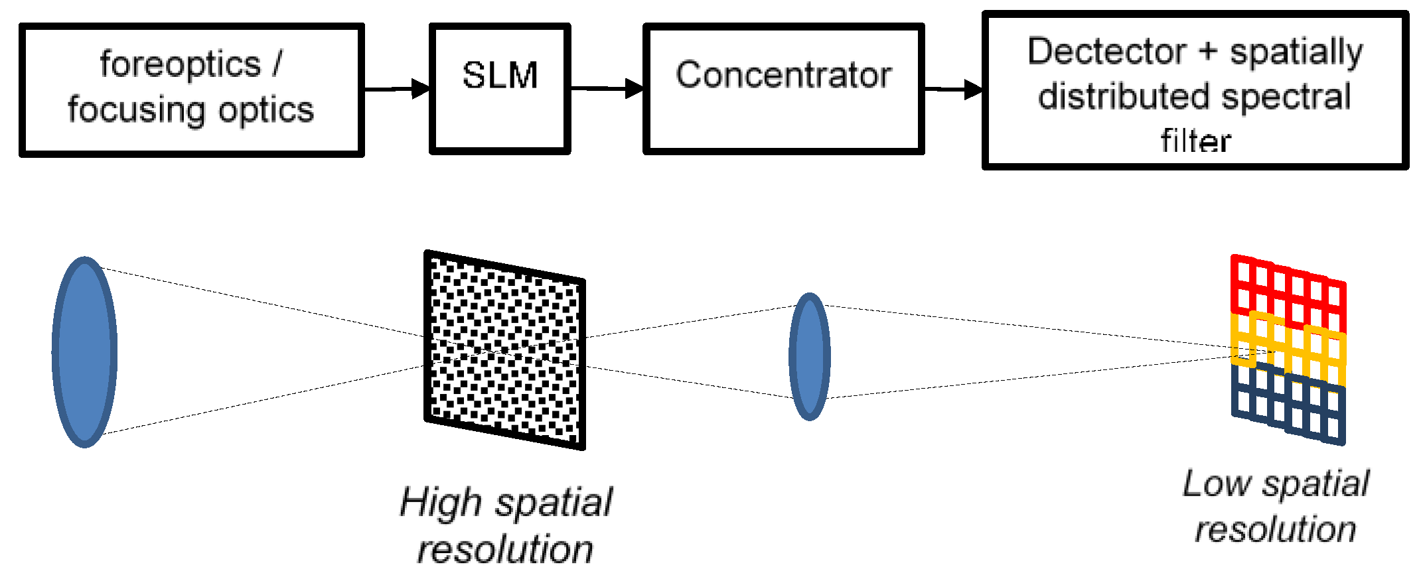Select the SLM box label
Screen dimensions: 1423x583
point(500,75)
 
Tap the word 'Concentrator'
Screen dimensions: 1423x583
point(784,74)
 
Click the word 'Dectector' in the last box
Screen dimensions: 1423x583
point(1106,52)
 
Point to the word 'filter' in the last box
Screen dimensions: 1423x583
point(1196,141)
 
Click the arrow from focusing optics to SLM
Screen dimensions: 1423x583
point(397,88)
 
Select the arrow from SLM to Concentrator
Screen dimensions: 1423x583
point(607,88)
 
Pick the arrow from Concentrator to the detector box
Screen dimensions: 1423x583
point(953,89)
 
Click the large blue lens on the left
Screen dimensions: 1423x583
point(85,352)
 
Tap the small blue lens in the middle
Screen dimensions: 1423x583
point(810,356)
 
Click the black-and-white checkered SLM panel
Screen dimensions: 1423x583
point(504,350)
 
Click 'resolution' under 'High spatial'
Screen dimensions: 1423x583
point(505,550)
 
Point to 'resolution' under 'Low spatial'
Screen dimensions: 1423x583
point(1276,529)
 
